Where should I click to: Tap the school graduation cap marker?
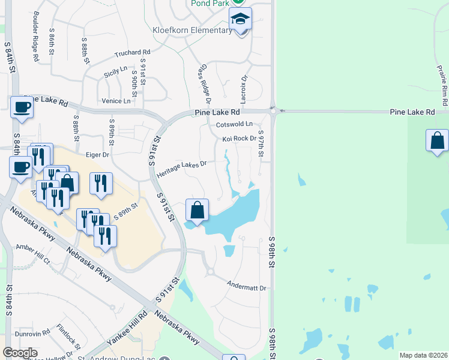(x=241, y=19)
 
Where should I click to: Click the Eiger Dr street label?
(x=97, y=154)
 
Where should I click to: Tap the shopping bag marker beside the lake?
(x=197, y=211)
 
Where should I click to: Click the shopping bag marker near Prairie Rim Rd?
(x=437, y=142)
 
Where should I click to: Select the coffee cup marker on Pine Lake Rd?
(x=22, y=108)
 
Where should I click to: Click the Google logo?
(x=20, y=353)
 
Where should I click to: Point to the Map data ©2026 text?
(x=423, y=355)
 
